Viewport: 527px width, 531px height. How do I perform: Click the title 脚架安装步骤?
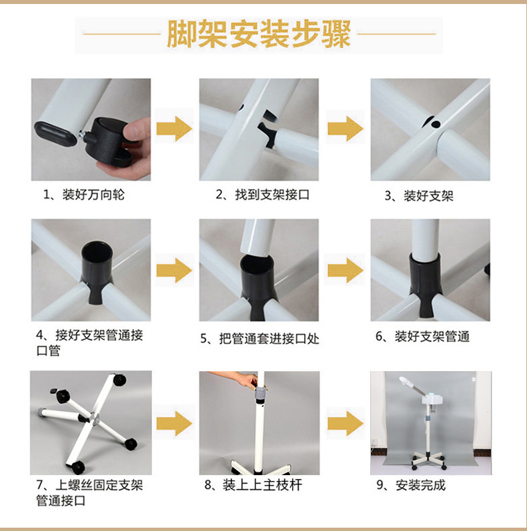259,34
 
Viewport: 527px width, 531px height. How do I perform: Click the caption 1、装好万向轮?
84,195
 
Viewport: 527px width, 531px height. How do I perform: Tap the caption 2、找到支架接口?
263,195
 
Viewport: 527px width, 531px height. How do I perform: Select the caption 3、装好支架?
419,196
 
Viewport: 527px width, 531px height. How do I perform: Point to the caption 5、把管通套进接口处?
259,338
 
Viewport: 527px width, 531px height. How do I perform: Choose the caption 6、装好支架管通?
422,336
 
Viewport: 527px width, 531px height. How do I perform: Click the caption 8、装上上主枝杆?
253,485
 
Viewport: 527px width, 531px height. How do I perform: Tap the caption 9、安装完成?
411,485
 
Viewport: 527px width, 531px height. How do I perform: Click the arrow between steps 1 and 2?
174,129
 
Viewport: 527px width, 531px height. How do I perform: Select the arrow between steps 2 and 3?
346,129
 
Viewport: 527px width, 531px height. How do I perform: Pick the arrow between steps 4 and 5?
174,270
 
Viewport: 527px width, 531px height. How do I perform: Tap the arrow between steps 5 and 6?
346,270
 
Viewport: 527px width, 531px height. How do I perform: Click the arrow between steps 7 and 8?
174,423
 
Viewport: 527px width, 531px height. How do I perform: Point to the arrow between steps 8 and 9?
346,423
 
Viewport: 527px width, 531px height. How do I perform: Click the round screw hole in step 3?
436,124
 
